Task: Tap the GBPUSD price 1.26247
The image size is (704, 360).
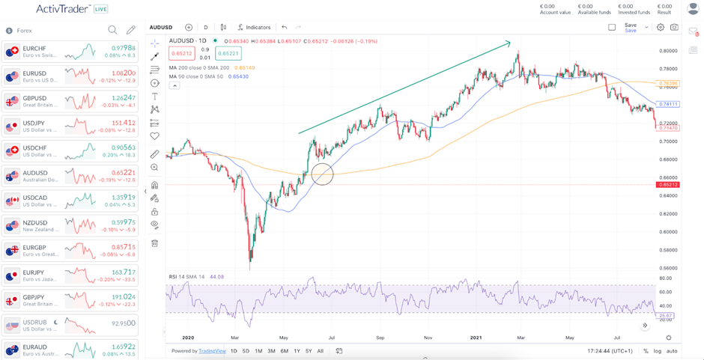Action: (123, 97)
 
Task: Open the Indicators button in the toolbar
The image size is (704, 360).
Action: (254, 27)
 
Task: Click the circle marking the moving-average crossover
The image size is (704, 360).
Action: (322, 174)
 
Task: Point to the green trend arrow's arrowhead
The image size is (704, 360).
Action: (509, 41)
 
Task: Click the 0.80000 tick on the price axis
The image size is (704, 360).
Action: (669, 51)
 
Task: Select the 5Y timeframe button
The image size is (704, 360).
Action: (309, 350)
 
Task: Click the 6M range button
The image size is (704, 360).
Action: (284, 350)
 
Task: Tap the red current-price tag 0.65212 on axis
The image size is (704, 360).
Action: (669, 184)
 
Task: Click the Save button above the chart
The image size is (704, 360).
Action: (631, 25)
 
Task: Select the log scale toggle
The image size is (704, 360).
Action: (657, 350)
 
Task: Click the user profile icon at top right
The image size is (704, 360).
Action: (692, 9)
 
